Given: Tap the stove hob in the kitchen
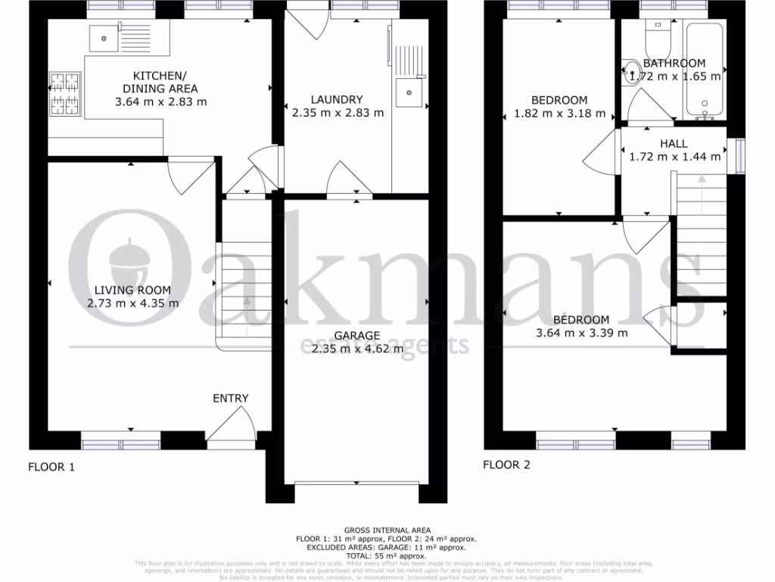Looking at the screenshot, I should pyautogui.click(x=64, y=92).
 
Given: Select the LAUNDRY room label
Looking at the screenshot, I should pyautogui.click(x=337, y=99).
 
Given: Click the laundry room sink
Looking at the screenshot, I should pyautogui.click(x=409, y=92).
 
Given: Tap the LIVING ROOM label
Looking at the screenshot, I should pyautogui.click(x=132, y=289).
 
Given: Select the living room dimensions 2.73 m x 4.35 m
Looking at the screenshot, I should pyautogui.click(x=132, y=303).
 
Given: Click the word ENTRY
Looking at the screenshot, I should pyautogui.click(x=230, y=398).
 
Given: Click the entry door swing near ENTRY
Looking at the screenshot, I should pyautogui.click(x=233, y=424).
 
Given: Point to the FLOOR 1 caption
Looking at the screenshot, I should pyautogui.click(x=51, y=467).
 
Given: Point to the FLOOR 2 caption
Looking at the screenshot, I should pyautogui.click(x=506, y=465).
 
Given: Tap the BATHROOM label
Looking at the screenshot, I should pyautogui.click(x=674, y=64).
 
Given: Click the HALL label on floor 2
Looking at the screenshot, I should pyautogui.click(x=674, y=143).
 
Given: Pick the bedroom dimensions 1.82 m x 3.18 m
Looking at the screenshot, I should pyautogui.click(x=559, y=114).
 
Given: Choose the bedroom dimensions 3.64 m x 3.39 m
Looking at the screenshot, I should pyautogui.click(x=581, y=333).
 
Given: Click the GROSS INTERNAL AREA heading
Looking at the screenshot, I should pyautogui.click(x=387, y=530).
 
